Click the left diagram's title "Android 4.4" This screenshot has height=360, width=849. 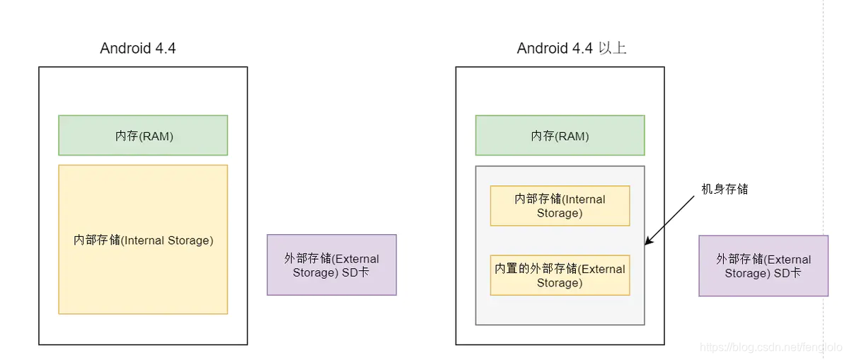click(138, 48)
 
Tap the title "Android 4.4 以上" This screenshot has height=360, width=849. click(572, 48)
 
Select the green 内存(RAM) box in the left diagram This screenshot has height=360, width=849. click(143, 135)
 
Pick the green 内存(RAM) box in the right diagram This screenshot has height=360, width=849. click(560, 135)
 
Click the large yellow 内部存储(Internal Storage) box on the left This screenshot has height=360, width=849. click(143, 239)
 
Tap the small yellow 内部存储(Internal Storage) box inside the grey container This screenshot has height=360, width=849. click(560, 206)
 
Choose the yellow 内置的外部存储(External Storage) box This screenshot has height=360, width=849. click(560, 275)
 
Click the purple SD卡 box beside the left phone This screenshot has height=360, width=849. click(331, 265)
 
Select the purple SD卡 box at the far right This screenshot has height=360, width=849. click(763, 265)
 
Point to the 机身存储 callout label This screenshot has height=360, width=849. click(724, 189)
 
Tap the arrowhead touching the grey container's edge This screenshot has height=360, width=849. click(648, 242)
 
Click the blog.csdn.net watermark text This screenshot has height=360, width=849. click(770, 347)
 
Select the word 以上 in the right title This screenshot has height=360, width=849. click(612, 48)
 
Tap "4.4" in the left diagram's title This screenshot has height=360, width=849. click(165, 48)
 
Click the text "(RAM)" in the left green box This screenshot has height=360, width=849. click(157, 136)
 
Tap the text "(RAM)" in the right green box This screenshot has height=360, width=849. click(572, 136)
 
